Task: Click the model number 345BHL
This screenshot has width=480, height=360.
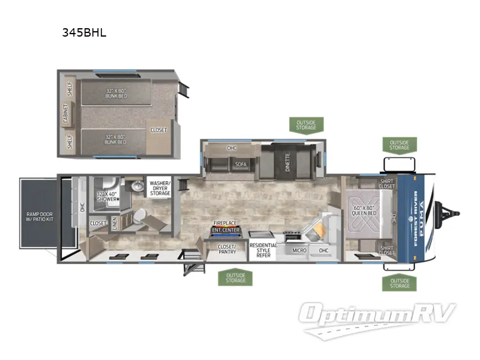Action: (x=84, y=33)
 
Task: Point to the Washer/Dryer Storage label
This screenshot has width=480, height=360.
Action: (x=160, y=188)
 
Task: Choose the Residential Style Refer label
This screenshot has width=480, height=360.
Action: (x=263, y=250)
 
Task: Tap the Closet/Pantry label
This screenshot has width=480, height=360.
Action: (x=226, y=249)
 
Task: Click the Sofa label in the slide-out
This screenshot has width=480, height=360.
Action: (x=241, y=163)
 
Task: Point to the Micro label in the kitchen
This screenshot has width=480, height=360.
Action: (x=299, y=250)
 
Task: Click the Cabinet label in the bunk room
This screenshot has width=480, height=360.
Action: (x=65, y=113)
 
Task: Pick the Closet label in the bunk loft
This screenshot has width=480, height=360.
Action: (x=159, y=130)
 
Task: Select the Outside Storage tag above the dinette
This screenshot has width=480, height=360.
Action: (x=306, y=125)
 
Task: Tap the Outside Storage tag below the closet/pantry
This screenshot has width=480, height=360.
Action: (x=236, y=277)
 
